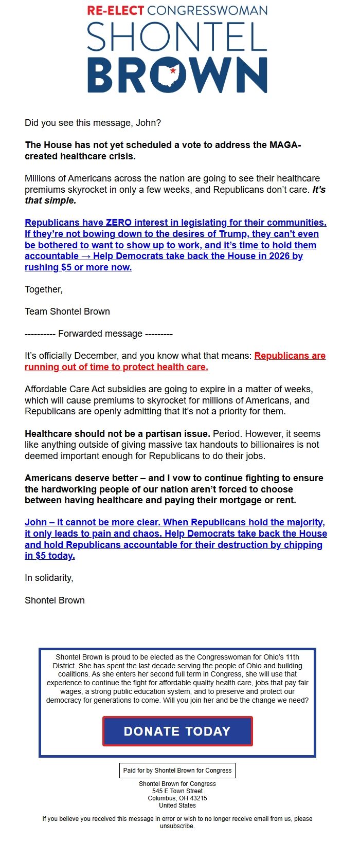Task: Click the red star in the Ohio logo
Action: [x=173, y=71]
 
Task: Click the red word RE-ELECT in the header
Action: [x=115, y=10]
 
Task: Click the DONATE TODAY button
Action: [x=177, y=731]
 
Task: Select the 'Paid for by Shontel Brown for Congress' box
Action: [x=177, y=770]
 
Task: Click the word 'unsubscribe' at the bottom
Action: [x=177, y=826]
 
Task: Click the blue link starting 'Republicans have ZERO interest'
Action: [x=175, y=245]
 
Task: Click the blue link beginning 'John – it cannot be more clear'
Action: [x=175, y=539]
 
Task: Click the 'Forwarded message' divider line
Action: [x=99, y=334]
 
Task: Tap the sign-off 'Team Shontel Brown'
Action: [x=67, y=312]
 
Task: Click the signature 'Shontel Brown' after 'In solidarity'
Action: [x=55, y=600]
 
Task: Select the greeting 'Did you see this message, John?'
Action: [x=93, y=123]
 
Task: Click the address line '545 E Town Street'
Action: [x=177, y=791]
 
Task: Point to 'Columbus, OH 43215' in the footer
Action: [x=177, y=798]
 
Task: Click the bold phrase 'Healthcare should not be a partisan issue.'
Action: [x=117, y=434]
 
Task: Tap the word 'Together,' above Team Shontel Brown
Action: [x=44, y=289]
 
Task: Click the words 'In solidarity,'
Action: [x=49, y=578]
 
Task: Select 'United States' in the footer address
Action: [x=177, y=806]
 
